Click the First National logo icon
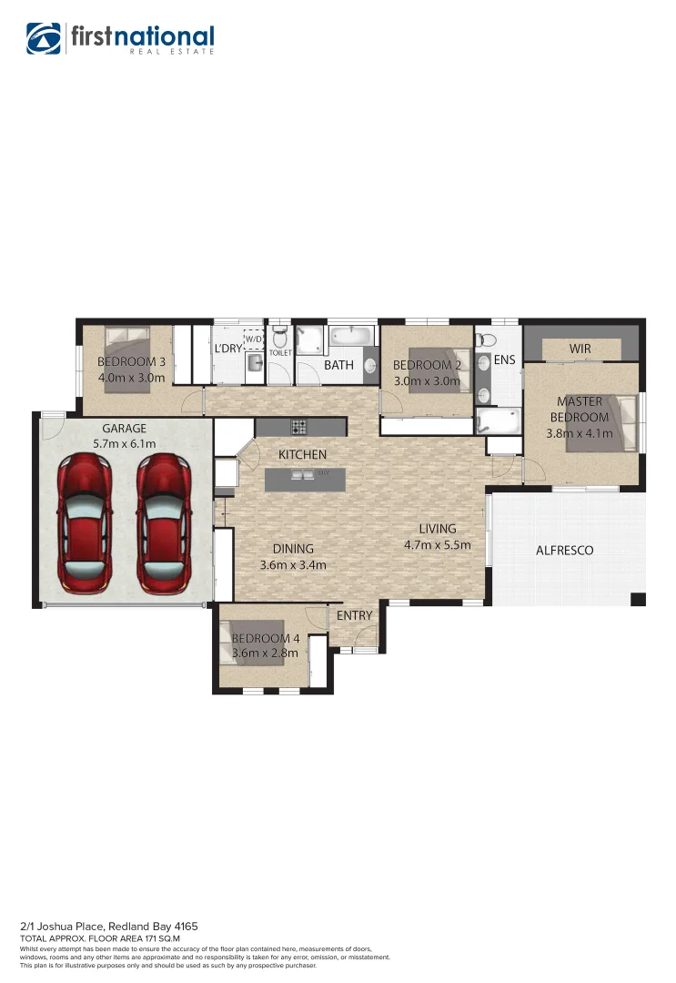pyautogui.click(x=44, y=38)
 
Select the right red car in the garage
pyautogui.click(x=164, y=522)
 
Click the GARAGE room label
pyautogui.click(x=124, y=429)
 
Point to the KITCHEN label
pyautogui.click(x=302, y=454)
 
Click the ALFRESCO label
pyautogui.click(x=564, y=551)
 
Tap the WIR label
pyautogui.click(x=580, y=350)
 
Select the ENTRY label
pyautogui.click(x=354, y=616)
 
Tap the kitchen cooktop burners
pyautogui.click(x=298, y=426)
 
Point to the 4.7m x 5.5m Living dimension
pyautogui.click(x=438, y=545)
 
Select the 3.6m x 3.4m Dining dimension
pyautogui.click(x=293, y=564)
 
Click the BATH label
pyautogui.click(x=338, y=366)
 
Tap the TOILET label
pyautogui.click(x=280, y=352)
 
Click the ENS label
pyautogui.click(x=504, y=360)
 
